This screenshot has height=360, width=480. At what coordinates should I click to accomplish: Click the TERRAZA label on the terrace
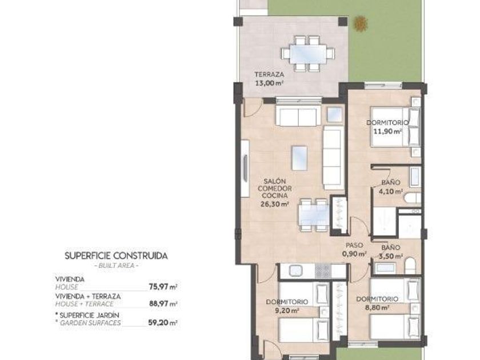pyautogui.click(x=269, y=74)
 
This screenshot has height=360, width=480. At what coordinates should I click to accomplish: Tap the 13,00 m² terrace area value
pyautogui.click(x=269, y=83)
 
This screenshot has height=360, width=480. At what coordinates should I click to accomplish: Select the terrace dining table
pyautogui.click(x=308, y=54)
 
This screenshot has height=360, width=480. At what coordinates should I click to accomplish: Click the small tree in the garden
pyautogui.click(x=361, y=23)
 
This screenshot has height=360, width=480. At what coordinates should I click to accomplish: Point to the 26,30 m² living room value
pyautogui.click(x=275, y=204)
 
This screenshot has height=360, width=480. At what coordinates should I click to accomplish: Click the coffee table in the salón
pyautogui.click(x=299, y=158)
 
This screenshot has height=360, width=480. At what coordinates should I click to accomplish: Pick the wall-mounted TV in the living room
pyautogui.click(x=245, y=169)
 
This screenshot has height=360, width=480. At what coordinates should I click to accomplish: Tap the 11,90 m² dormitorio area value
pyautogui.click(x=387, y=131)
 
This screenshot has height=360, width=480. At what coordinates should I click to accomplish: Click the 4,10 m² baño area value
pyautogui.click(x=391, y=191)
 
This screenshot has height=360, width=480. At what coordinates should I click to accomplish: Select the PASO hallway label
pyautogui.click(x=354, y=245)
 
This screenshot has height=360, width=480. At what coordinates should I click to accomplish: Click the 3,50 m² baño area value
pyautogui.click(x=391, y=256)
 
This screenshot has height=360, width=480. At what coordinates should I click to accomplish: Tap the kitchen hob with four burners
pyautogui.click(x=323, y=271)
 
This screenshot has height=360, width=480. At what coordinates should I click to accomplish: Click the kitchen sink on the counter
pyautogui.click(x=296, y=271)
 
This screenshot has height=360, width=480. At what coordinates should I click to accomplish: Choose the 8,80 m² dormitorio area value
pyautogui.click(x=377, y=307)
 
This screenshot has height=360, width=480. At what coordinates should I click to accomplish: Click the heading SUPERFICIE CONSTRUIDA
pyautogui.click(x=117, y=256)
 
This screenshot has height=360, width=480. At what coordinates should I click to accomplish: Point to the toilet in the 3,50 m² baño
pyautogui.click(x=410, y=266)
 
